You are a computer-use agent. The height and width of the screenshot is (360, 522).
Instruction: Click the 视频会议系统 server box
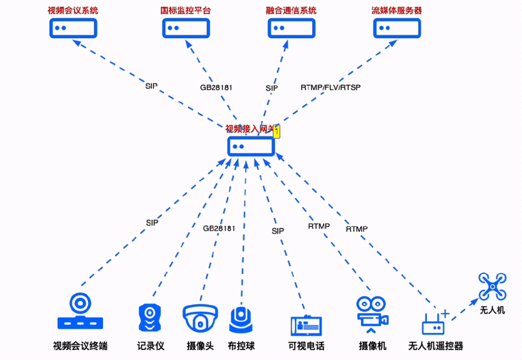(73, 28)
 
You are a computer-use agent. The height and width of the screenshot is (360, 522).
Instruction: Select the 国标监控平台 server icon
(186, 28)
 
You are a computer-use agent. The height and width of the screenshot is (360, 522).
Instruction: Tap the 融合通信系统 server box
(291, 28)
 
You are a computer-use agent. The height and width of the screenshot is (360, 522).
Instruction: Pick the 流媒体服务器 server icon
(397, 28)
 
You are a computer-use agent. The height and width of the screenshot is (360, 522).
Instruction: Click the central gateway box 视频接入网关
(251, 146)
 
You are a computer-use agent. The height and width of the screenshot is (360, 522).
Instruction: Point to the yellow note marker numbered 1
(277, 131)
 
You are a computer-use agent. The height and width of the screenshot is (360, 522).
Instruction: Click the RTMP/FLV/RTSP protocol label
(330, 87)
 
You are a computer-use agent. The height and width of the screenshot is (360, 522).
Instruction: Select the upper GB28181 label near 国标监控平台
(216, 87)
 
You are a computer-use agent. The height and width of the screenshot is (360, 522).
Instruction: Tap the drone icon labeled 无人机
(492, 287)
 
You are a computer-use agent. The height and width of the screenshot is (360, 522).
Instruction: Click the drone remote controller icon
(434, 323)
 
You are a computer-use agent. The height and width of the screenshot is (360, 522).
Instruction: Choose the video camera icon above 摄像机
(372, 313)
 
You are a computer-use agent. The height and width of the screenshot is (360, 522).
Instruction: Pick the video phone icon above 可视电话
(306, 325)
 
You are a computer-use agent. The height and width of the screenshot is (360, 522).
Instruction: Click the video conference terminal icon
(80, 312)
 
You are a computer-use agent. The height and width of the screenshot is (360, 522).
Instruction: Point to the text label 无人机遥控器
(436, 346)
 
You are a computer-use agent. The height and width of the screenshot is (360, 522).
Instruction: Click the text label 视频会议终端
(80, 346)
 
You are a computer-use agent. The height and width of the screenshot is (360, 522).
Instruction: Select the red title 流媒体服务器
(397, 10)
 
